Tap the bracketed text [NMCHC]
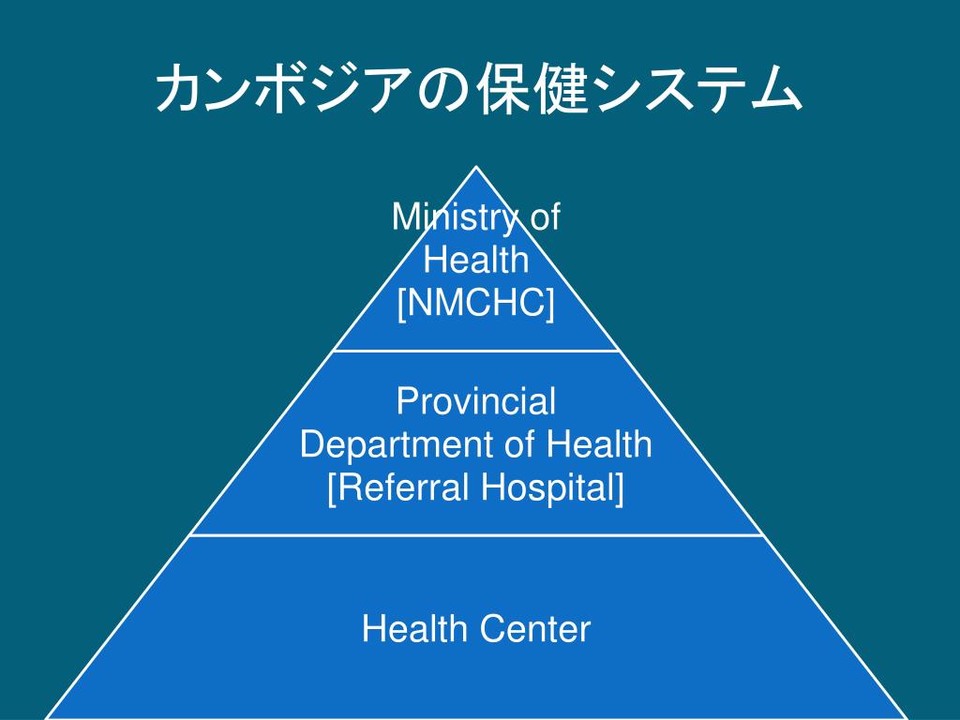(x=476, y=303)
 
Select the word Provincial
(x=476, y=402)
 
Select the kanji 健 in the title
(x=567, y=91)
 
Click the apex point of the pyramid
(x=477, y=169)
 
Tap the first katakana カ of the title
(x=178, y=91)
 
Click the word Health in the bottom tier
(x=415, y=629)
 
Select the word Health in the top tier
(x=476, y=261)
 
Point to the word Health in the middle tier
(x=601, y=444)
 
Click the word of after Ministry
(x=545, y=218)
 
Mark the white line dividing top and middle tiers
(x=476, y=351)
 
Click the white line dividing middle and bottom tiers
(x=476, y=535)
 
